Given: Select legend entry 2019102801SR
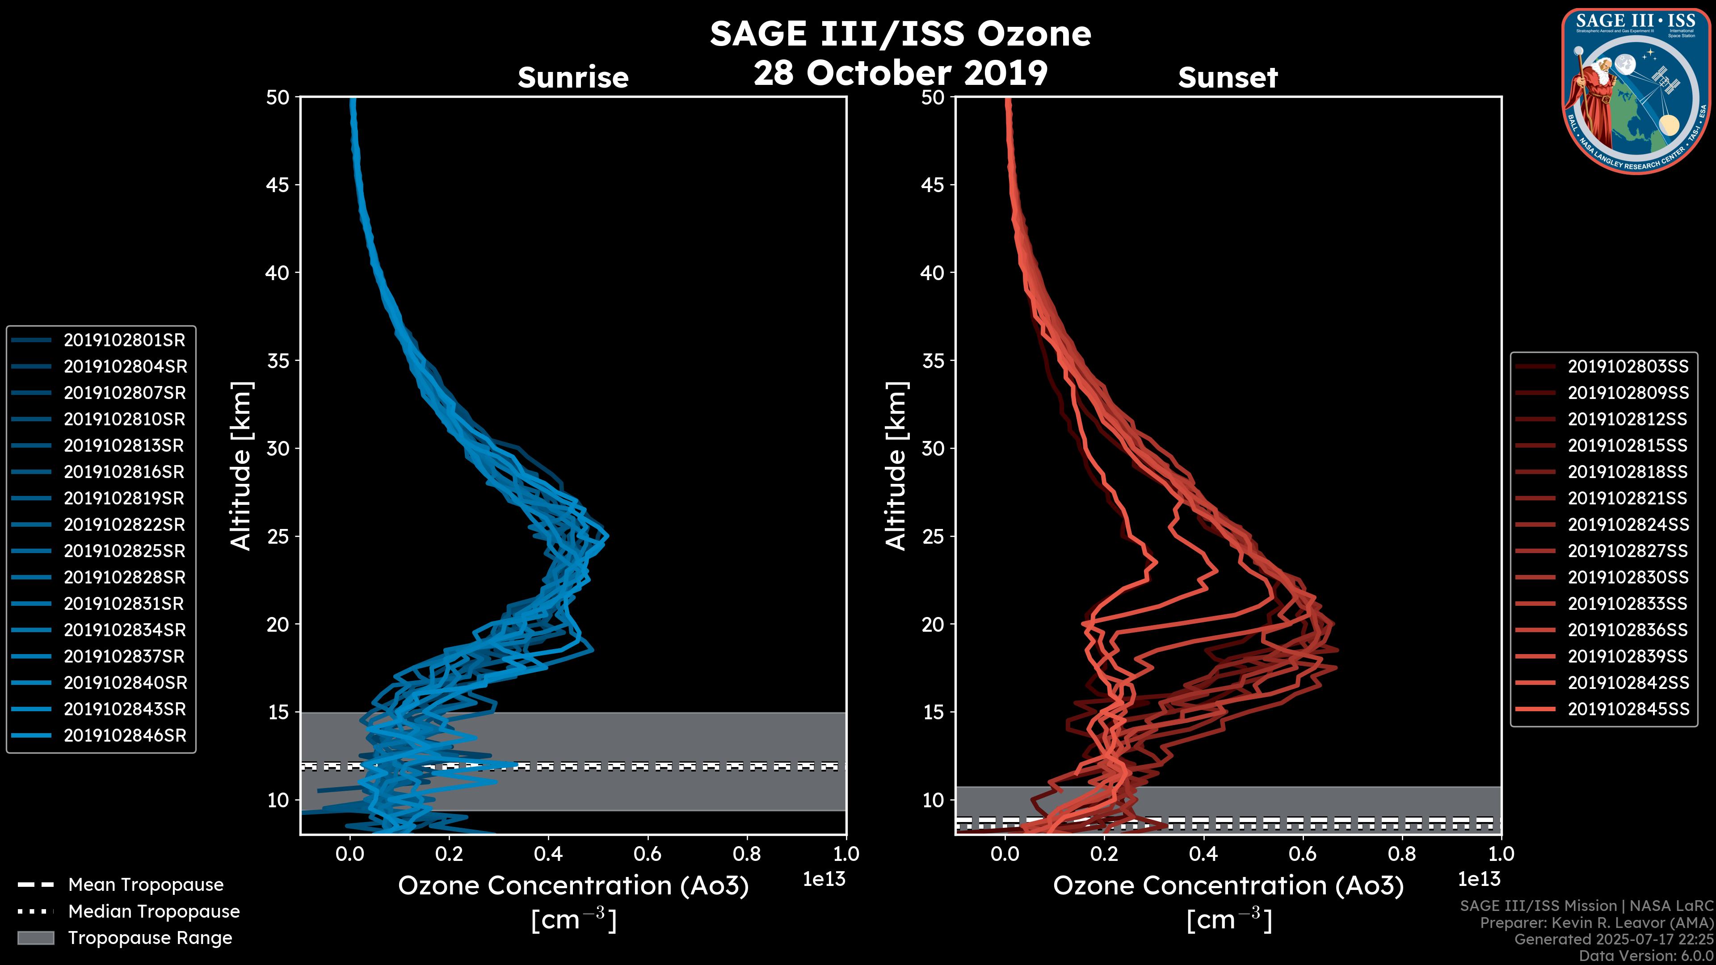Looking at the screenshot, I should point(124,340).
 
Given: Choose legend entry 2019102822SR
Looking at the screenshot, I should point(124,525).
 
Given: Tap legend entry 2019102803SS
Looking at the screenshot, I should point(1628,366).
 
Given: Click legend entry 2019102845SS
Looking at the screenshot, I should point(1628,709).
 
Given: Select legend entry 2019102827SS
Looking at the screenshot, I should point(1628,551).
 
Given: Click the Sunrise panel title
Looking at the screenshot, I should point(573,78).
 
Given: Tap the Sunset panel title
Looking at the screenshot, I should point(1228,78).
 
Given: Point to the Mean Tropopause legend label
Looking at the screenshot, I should point(146,885).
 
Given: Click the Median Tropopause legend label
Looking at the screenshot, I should point(154,912).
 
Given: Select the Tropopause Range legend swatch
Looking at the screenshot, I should point(35,938).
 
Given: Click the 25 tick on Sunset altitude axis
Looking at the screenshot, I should point(933,537).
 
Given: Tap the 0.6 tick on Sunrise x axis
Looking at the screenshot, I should point(648,854).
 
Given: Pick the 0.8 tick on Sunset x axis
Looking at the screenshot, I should point(1401,854).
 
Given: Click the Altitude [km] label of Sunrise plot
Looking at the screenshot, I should point(241,466).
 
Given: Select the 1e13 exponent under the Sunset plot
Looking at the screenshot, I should point(1479,880).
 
